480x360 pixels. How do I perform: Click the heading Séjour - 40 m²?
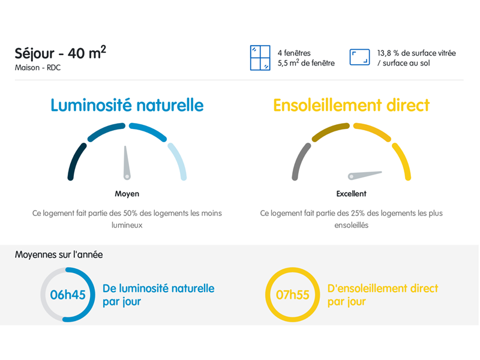click(61, 53)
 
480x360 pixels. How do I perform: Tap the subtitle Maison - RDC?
click(38, 68)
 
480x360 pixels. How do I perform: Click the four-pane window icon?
click(260, 58)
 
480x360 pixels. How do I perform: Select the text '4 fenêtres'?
click(294, 53)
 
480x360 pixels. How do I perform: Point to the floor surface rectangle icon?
click(359, 57)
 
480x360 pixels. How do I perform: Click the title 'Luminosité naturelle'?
click(127, 106)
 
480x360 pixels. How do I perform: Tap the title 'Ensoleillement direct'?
click(352, 106)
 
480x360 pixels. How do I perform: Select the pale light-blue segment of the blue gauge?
click(179, 161)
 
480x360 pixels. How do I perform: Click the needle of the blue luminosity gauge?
click(126, 162)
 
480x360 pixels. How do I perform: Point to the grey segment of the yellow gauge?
click(299, 161)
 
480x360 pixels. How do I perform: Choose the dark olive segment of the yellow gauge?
click(330, 130)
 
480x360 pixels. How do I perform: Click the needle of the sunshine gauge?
click(365, 175)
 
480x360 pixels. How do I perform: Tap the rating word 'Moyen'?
click(127, 194)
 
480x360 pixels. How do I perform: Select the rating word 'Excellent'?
click(352, 194)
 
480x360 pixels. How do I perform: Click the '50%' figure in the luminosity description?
click(130, 213)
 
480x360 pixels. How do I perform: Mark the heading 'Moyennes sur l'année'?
click(59, 254)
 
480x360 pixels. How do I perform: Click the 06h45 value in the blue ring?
click(68, 295)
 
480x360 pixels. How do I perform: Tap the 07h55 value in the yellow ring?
click(292, 295)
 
